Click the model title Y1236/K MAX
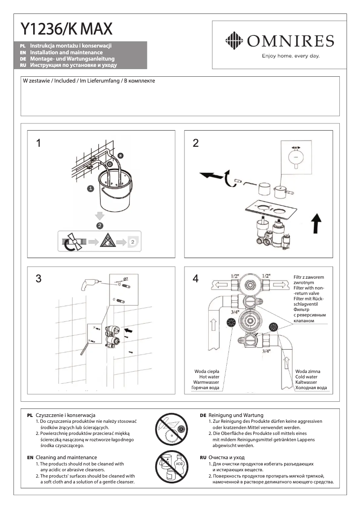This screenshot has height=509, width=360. (x=66, y=29)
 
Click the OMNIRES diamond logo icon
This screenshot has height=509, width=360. (x=233, y=41)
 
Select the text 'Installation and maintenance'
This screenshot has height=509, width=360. (x=66, y=53)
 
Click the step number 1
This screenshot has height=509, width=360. (x=39, y=143)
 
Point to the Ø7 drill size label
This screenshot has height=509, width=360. (x=125, y=279)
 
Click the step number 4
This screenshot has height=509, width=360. (x=195, y=279)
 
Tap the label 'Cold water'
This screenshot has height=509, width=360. (x=307, y=377)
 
